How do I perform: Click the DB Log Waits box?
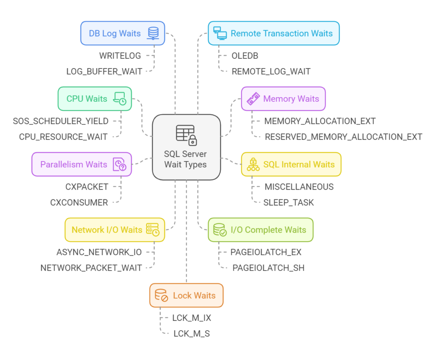(x=123, y=33)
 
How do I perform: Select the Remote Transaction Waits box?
(x=274, y=33)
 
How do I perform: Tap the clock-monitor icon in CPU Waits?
(x=120, y=98)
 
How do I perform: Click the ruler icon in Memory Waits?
(x=253, y=98)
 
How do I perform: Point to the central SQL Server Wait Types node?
(x=186, y=147)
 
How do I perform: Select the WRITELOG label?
(x=120, y=56)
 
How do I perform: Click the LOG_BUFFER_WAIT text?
(x=104, y=72)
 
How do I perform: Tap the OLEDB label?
(x=245, y=56)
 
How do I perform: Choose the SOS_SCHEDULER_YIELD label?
(x=60, y=121)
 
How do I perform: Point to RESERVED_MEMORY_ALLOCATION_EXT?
(x=344, y=137)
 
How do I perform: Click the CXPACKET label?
(x=87, y=187)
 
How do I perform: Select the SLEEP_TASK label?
(x=289, y=202)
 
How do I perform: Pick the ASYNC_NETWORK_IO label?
(x=99, y=252)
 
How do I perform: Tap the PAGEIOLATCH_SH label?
(x=268, y=268)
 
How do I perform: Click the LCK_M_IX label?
(x=192, y=318)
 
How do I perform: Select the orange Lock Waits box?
(x=186, y=296)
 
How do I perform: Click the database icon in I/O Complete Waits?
(x=220, y=230)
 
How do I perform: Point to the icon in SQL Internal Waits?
(x=253, y=164)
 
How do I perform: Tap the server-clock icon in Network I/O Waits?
(x=153, y=230)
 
